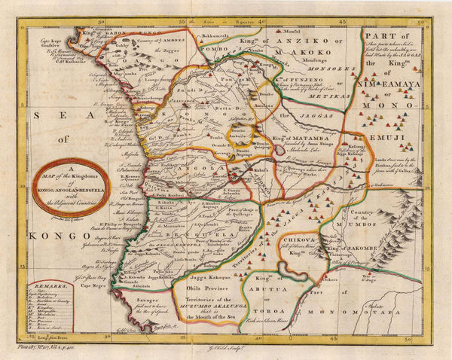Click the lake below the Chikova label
tap(290, 269)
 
